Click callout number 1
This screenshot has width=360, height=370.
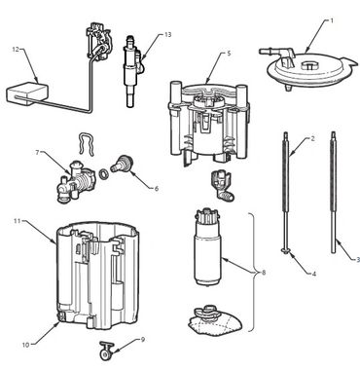point(332,20)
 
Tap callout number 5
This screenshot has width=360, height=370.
point(229,54)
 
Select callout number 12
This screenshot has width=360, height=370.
point(16,50)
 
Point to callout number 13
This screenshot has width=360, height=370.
point(167,35)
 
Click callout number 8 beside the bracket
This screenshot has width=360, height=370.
point(264,273)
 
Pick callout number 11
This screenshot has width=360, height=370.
point(18,221)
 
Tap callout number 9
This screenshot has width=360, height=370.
point(143,340)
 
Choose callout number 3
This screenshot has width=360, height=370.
point(358,259)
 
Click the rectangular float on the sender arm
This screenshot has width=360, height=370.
point(27,94)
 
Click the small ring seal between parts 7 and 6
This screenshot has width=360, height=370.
point(104,174)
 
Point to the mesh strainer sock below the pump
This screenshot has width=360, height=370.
point(215,319)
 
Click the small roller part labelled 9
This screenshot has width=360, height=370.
point(105,351)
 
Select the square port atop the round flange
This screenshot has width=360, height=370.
point(308,65)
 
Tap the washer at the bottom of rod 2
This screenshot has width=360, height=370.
point(285,250)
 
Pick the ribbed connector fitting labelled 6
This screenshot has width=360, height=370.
point(122,164)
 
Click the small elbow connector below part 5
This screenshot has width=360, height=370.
point(223,185)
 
